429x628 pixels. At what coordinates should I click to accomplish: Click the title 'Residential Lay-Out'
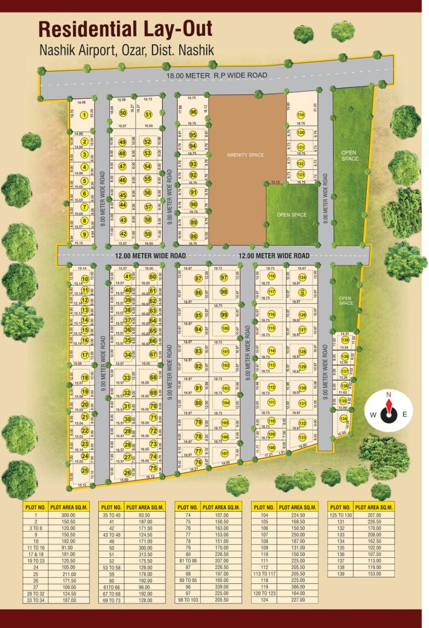pyautogui.click(x=125, y=29)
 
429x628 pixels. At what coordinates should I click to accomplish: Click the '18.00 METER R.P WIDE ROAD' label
pyautogui.click(x=217, y=76)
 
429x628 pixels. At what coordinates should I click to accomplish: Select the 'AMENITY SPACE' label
pyautogui.click(x=245, y=155)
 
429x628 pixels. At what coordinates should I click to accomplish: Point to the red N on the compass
pyautogui.click(x=389, y=395)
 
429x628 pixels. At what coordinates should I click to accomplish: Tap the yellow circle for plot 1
pyautogui.click(x=84, y=115)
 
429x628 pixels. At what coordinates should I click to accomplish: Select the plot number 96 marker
pyautogui.click(x=193, y=112)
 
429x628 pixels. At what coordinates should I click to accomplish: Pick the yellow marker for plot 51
pyautogui.click(x=148, y=114)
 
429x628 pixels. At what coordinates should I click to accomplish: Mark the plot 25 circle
pyautogui.click(x=85, y=470)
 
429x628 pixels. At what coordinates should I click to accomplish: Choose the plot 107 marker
pyautogui.click(x=225, y=453)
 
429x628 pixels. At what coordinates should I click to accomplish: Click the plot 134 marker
pyautogui.click(x=343, y=419)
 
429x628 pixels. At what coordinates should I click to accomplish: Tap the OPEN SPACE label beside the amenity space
pyautogui.click(x=291, y=215)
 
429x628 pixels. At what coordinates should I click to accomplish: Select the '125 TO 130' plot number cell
pyautogui.click(x=340, y=515)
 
